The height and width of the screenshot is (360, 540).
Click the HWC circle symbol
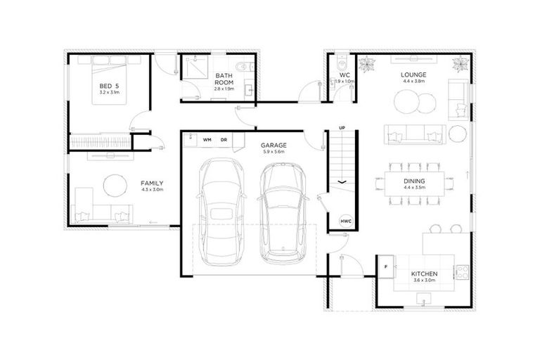click(346, 221)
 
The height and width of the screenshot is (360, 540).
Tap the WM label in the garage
click(207, 140)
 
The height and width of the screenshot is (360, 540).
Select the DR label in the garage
click(224, 140)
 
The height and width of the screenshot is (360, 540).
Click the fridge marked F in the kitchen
click(385, 266)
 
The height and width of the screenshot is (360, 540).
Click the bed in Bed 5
click(110, 80)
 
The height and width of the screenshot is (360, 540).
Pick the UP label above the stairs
click(342, 128)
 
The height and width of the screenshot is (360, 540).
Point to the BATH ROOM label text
click(224, 79)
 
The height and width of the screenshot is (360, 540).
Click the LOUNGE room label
click(414, 74)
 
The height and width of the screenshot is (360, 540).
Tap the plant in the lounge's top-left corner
click(366, 64)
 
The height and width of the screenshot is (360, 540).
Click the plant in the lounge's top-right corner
click(460, 64)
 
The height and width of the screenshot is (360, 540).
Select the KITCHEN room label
click(425, 273)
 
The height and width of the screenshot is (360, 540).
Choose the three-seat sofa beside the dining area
click(414, 131)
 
